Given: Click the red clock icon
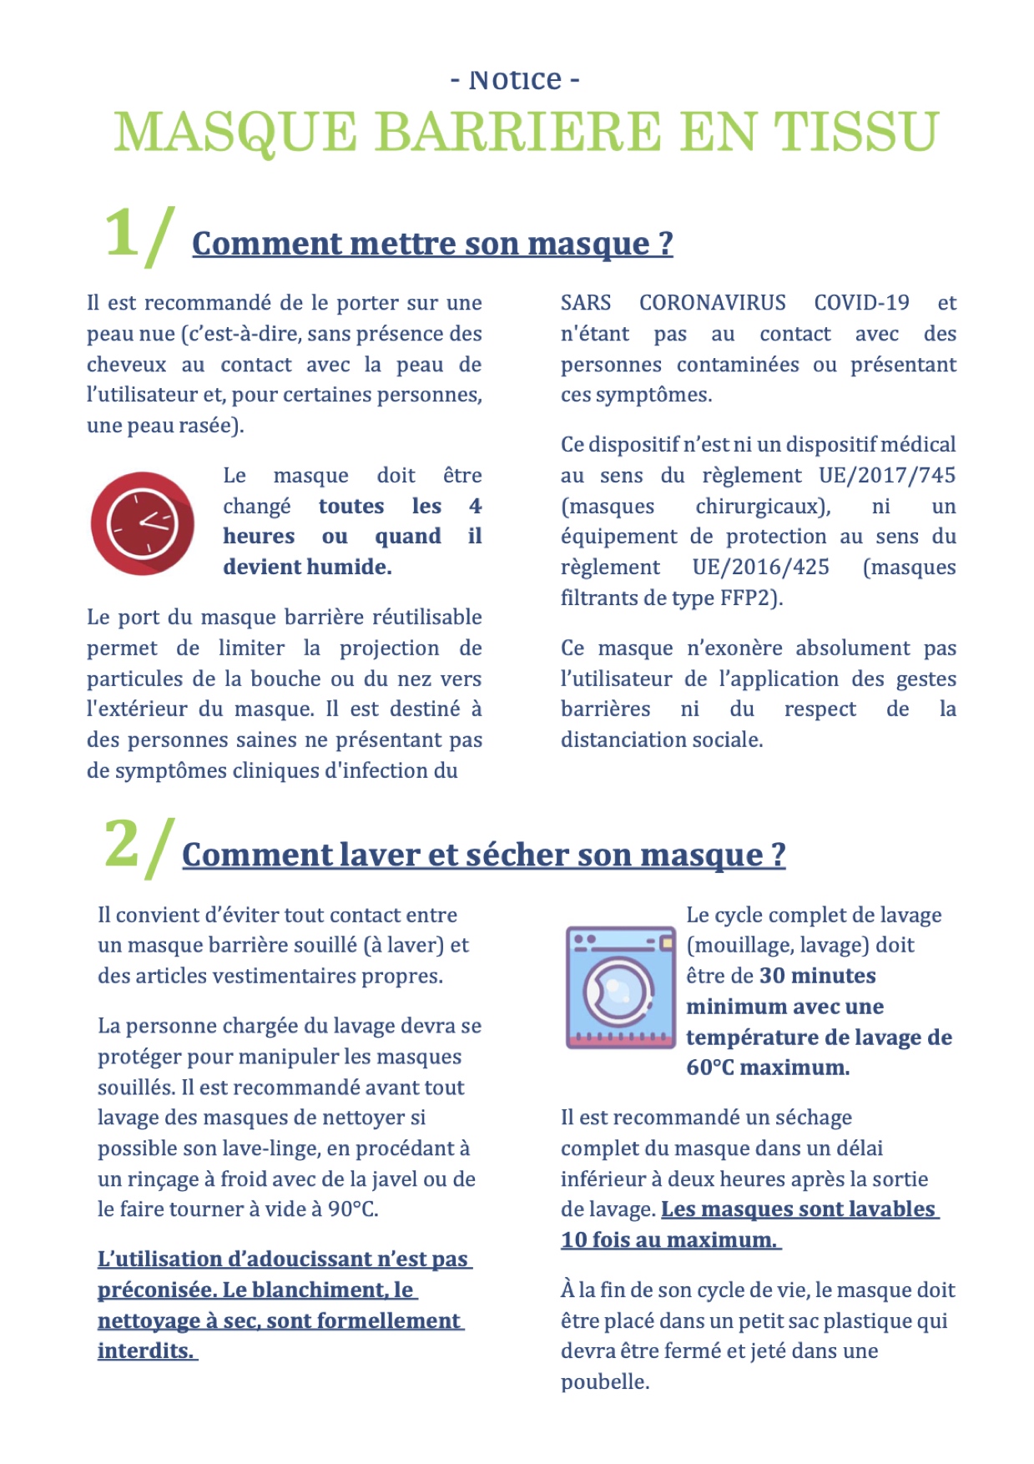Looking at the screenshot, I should coord(142,522).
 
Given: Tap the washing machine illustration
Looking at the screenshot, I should coord(620,987).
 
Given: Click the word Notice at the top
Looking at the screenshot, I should coord(515,80).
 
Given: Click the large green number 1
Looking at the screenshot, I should coord(121,233).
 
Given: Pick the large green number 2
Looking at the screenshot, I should coord(122,844).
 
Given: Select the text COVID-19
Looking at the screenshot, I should coord(861,302).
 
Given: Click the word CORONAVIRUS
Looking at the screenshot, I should coord(712,302).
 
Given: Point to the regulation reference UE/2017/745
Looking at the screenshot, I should coord(886,475).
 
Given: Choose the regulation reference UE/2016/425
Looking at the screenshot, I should coord(760,568).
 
